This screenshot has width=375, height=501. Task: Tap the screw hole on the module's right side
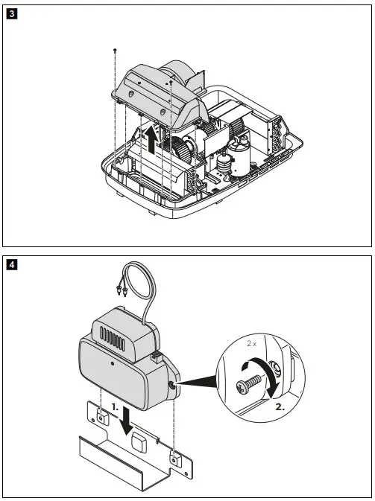(x=174, y=386)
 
